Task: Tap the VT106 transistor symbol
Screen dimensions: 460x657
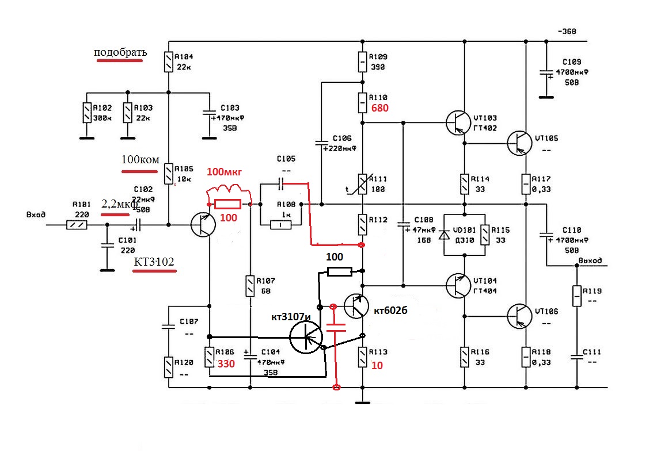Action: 519,315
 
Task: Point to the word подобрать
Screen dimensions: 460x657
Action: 120,52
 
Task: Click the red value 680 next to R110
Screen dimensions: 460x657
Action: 381,108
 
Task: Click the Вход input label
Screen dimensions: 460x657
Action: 36,214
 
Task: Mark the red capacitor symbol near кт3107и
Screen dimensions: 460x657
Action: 335,328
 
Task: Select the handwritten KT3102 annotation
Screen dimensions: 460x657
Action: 154,262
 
